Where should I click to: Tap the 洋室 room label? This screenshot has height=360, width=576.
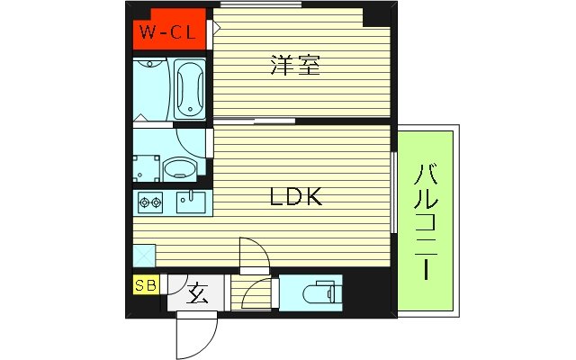tap(293, 65)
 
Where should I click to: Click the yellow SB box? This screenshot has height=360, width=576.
tap(144, 286)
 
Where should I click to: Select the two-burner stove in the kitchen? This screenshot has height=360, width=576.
tap(149, 203)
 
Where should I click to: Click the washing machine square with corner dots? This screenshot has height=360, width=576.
tap(145, 167)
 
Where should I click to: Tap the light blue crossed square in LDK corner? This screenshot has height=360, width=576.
tap(144, 256)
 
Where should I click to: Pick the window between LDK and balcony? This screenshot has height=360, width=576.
tap(394, 194)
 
